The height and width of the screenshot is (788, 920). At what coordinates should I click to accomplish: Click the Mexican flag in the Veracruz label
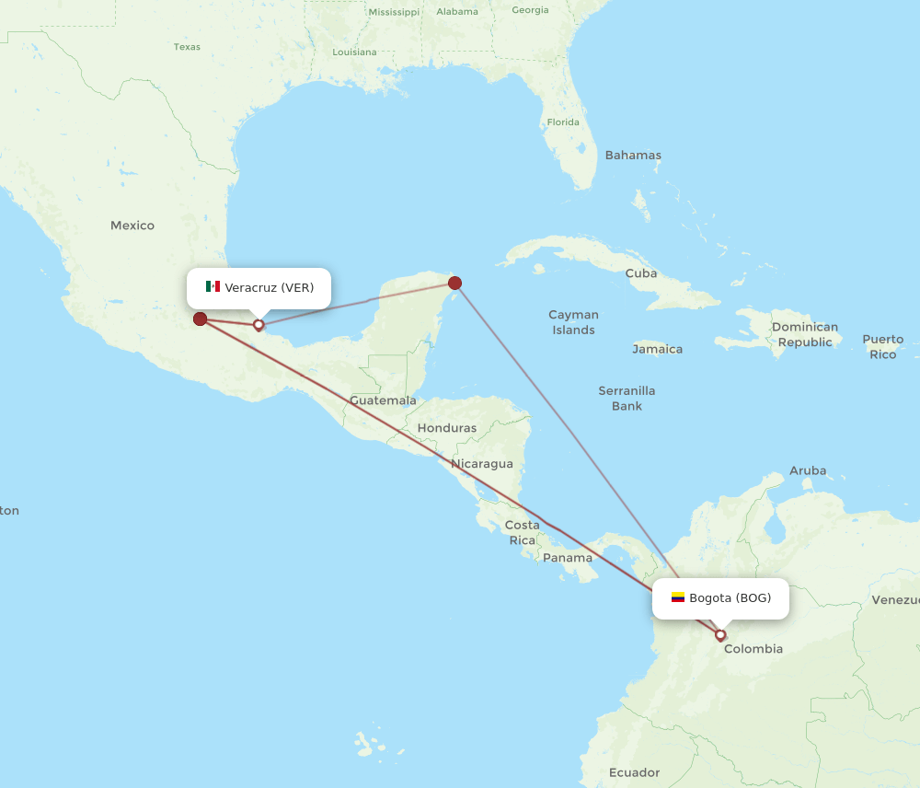click(x=213, y=287)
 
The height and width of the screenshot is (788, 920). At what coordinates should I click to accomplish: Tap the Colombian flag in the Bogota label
click(x=677, y=598)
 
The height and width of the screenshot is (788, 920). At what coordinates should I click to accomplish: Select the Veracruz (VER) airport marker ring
click(x=259, y=324)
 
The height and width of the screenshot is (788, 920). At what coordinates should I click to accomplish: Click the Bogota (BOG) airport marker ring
click(x=720, y=634)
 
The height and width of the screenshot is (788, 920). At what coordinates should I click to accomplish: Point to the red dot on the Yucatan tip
click(x=454, y=283)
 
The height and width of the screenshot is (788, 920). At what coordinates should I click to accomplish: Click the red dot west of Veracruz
click(x=200, y=319)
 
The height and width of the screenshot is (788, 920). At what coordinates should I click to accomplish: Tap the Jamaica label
click(x=657, y=349)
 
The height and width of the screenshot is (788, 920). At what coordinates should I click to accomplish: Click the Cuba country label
click(x=640, y=273)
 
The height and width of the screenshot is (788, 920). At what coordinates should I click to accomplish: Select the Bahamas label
click(x=632, y=156)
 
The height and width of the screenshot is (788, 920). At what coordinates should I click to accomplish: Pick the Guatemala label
click(x=383, y=400)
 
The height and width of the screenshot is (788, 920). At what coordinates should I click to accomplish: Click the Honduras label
click(x=447, y=428)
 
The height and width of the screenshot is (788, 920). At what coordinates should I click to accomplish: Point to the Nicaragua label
click(x=481, y=463)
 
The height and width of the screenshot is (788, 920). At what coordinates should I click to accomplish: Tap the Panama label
click(x=568, y=558)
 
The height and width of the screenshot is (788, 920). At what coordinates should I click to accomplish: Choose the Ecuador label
click(x=634, y=772)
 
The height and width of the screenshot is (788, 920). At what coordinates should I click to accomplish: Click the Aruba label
click(x=807, y=470)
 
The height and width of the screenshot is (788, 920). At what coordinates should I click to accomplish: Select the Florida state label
click(x=563, y=122)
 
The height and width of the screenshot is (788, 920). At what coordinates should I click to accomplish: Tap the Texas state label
click(x=187, y=47)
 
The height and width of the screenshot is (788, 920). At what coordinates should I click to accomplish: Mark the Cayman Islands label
click(x=573, y=322)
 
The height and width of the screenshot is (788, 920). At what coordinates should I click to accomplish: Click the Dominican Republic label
click(x=805, y=334)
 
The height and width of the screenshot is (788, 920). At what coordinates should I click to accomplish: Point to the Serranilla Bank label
click(x=627, y=398)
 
